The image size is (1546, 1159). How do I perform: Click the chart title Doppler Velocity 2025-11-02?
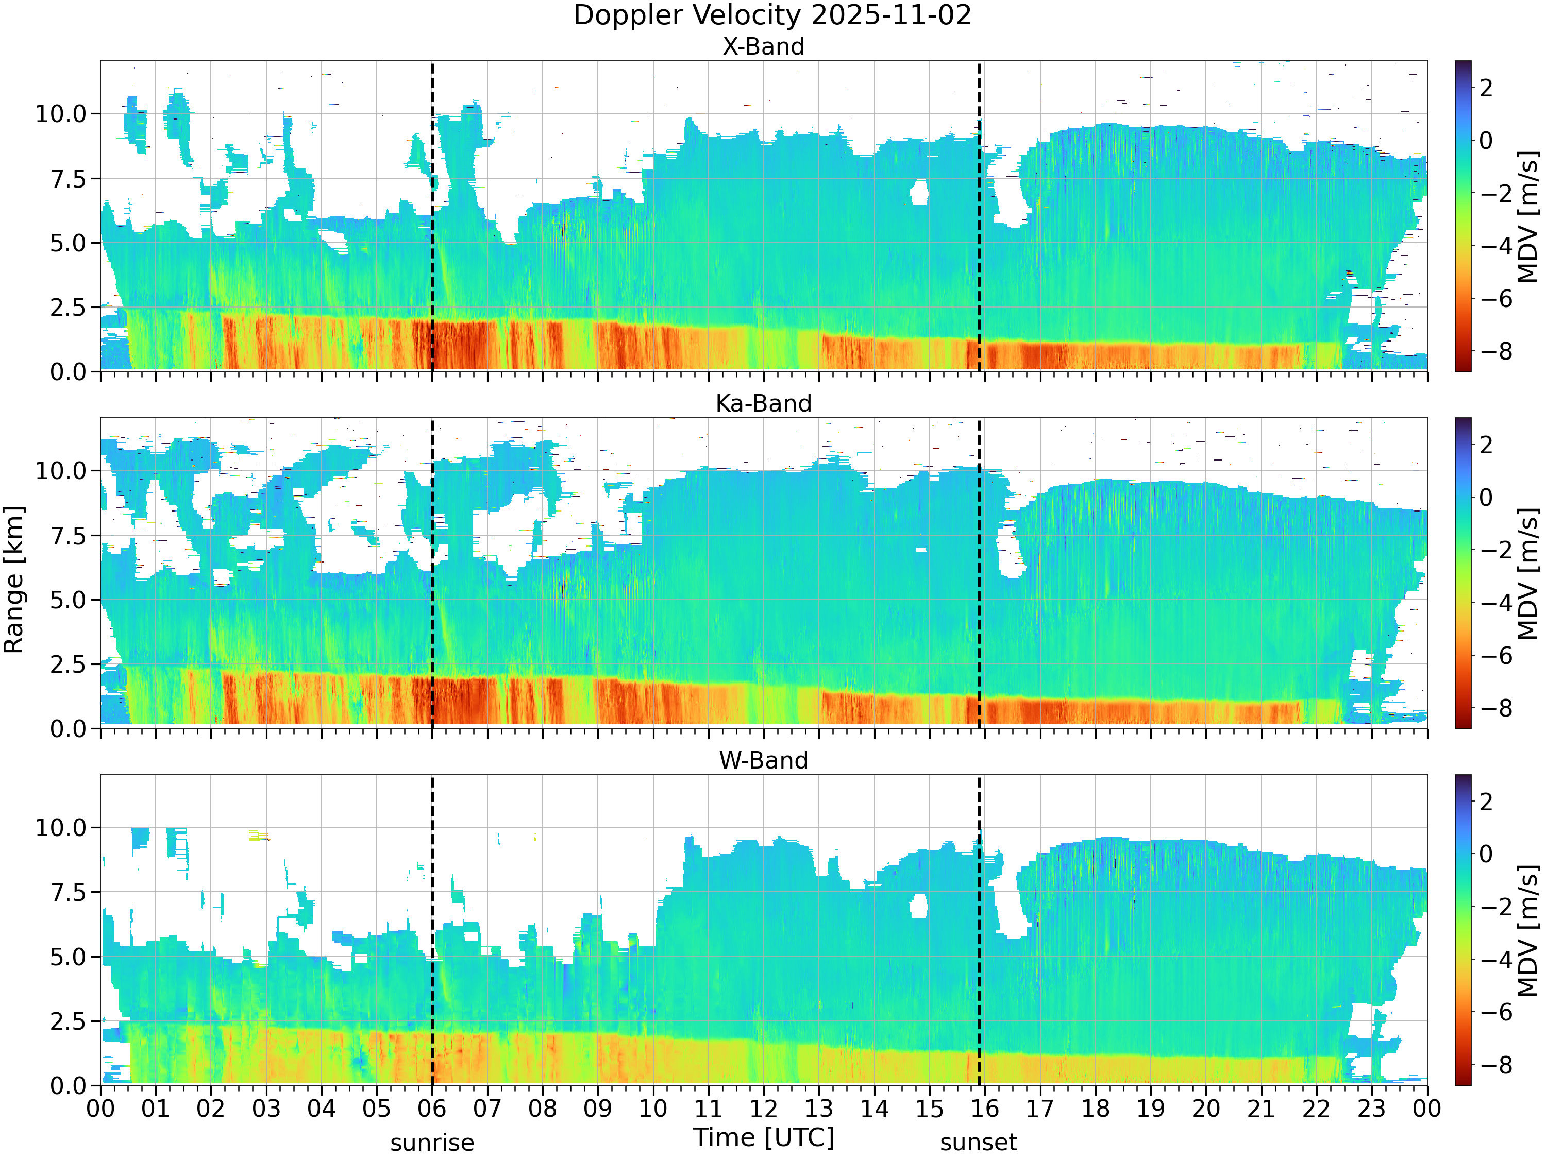(x=772, y=15)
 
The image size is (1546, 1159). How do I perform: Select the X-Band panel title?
(x=763, y=46)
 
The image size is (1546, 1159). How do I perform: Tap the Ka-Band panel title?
(x=763, y=403)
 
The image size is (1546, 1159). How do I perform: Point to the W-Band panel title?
(x=763, y=760)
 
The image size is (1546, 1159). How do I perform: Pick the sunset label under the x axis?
(x=979, y=1143)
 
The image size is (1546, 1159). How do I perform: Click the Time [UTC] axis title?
(x=763, y=1137)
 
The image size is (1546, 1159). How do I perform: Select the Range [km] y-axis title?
(x=14, y=580)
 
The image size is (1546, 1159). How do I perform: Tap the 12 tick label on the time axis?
(x=763, y=1109)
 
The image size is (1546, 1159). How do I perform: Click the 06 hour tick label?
(x=432, y=1109)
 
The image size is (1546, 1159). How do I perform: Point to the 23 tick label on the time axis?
(x=1371, y=1109)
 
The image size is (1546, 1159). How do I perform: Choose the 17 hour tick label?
(x=1040, y=1109)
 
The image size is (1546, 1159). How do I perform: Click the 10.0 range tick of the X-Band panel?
(x=61, y=113)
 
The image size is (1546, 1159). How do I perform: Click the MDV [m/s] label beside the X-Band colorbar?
(x=1528, y=216)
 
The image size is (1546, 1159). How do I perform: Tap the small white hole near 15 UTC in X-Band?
(x=919, y=192)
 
